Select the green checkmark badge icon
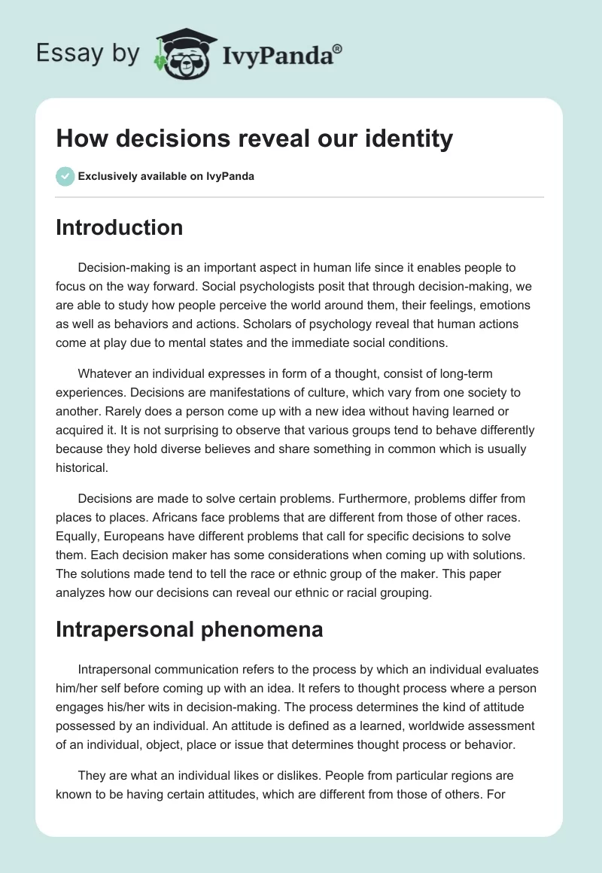click(x=65, y=176)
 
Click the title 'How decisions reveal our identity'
click(x=254, y=138)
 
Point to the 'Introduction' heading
click(x=119, y=227)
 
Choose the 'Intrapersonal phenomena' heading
click(x=189, y=629)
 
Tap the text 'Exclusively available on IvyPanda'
click(x=166, y=176)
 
